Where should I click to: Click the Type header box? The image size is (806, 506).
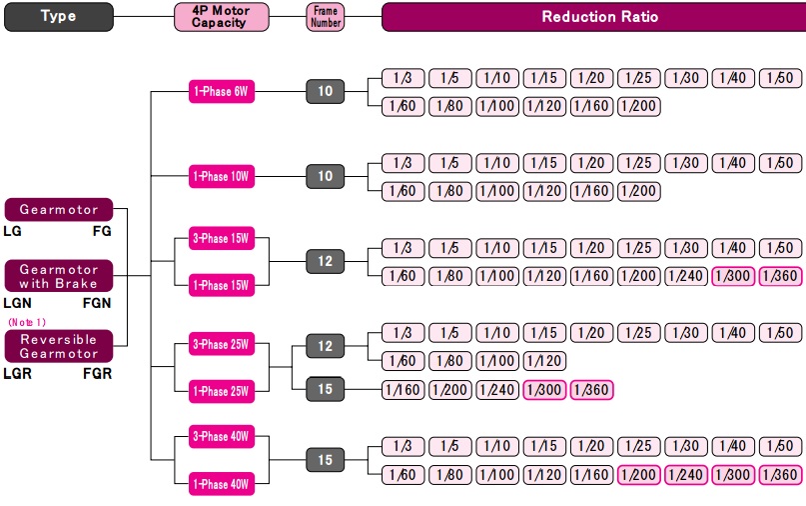coord(58,16)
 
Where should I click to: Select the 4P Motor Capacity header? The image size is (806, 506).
coord(218,16)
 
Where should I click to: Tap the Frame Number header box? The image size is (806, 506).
coord(326,16)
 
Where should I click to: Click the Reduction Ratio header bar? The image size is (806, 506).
coord(593,16)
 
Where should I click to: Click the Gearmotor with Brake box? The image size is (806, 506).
coord(59,276)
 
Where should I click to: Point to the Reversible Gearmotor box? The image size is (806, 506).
coord(59,346)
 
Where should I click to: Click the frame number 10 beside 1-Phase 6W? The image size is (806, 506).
coord(326,92)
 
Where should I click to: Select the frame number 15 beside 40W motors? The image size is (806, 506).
coord(326,460)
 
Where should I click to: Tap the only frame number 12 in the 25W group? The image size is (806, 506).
coord(326,346)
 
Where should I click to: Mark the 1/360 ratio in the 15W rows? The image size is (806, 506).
coord(780,276)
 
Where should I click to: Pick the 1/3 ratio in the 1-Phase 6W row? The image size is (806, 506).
coord(403,78)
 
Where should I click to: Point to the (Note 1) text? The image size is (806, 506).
coord(27,322)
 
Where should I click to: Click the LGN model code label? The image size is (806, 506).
coord(18,302)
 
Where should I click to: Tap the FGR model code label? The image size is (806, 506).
coord(97,374)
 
